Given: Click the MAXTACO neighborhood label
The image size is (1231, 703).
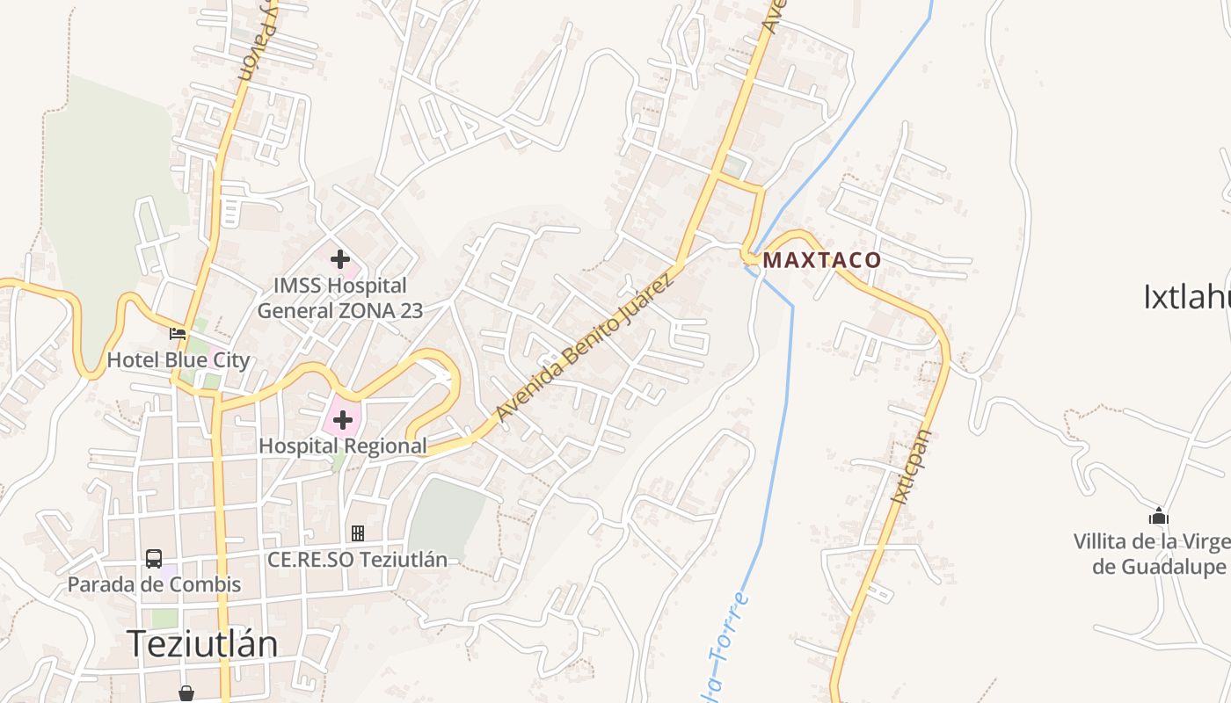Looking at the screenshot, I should tap(821, 260).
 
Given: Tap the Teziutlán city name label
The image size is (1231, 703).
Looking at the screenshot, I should tap(202, 644).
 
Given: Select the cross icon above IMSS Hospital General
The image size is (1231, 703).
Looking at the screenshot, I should tap(340, 259).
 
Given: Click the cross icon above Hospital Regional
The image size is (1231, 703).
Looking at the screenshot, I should tap(343, 420).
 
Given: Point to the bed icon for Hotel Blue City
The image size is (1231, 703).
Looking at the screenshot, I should tap(178, 334).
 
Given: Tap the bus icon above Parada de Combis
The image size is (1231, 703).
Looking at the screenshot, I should tap(154, 558).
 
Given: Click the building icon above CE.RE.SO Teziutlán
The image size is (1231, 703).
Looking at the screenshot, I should tap(358, 533).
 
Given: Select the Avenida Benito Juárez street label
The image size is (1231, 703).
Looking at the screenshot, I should tap(585, 346).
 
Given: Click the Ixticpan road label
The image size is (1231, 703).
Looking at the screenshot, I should tap(910, 466).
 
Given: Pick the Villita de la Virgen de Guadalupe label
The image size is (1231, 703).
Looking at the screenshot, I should tap(1150, 554).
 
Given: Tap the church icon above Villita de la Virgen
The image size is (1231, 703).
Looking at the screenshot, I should tap(1159, 516).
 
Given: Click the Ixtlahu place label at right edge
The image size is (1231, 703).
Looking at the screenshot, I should tap(1187, 297).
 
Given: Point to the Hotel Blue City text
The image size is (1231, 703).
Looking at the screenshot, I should tap(178, 360).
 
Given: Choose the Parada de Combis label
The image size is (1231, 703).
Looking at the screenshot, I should tap(154, 583).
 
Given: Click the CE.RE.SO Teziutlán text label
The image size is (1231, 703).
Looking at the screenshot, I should tap(358, 559).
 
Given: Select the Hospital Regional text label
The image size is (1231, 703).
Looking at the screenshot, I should tap(343, 446).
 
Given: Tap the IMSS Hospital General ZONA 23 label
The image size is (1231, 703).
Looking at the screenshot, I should tap(340, 298).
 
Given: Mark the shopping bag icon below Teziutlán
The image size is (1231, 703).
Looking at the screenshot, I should tap(186, 693).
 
